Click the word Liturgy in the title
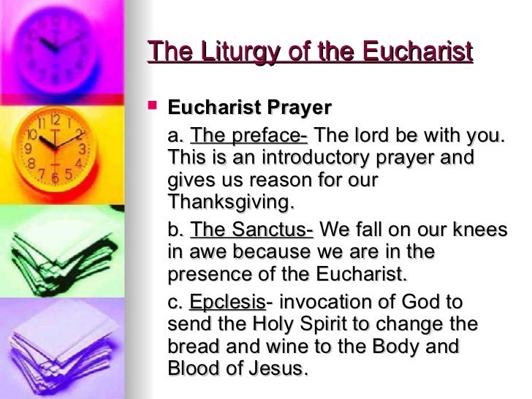(222, 53)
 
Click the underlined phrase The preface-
(249, 136)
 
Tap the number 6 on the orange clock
(56, 178)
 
